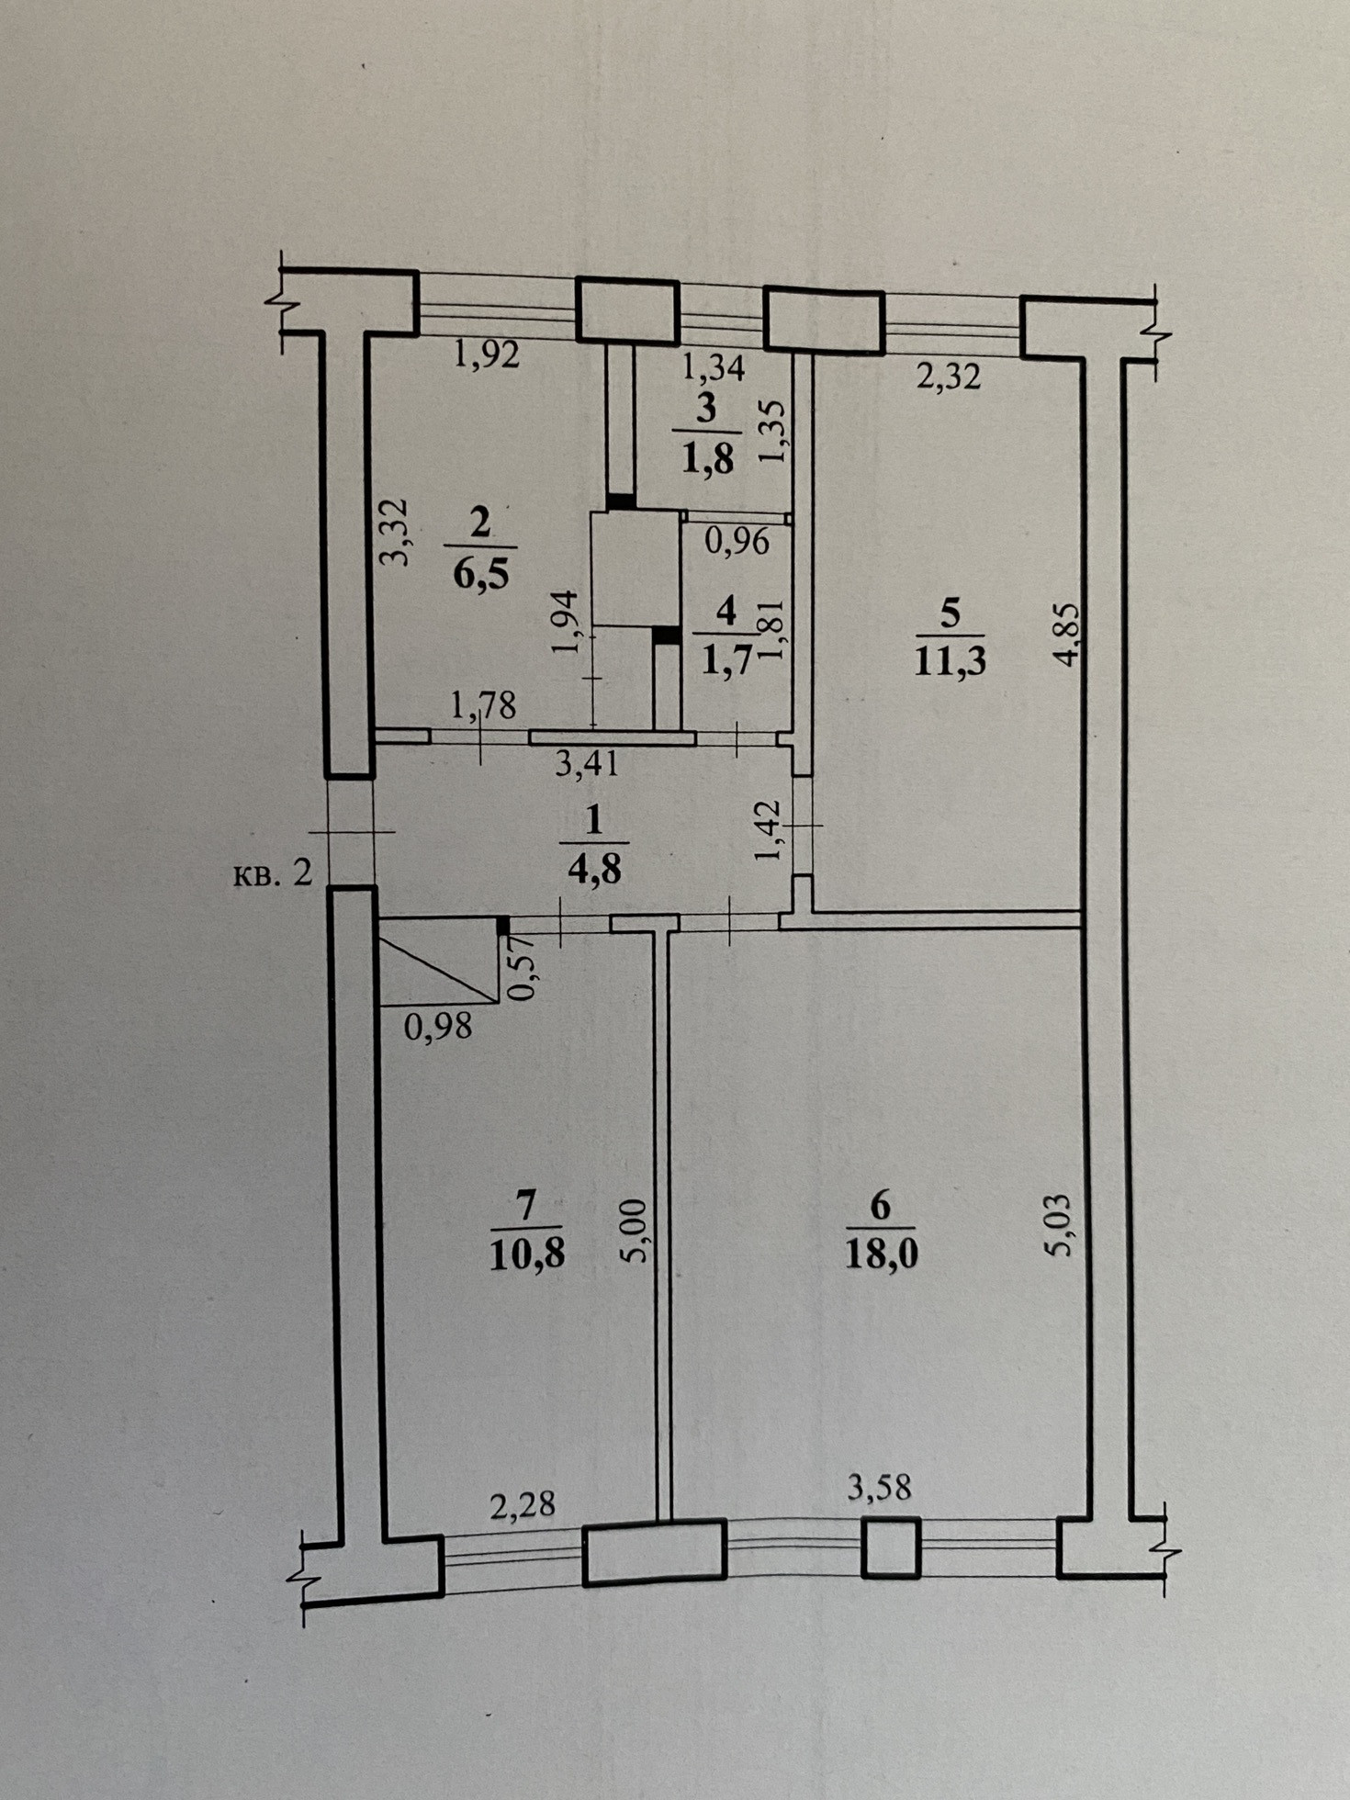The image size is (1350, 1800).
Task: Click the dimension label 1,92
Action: point(487,354)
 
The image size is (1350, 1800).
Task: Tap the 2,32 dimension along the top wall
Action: point(949,376)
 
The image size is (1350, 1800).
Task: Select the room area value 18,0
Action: point(882,1254)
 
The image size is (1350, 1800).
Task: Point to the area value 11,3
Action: point(950,660)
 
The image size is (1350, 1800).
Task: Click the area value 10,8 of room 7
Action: point(526,1254)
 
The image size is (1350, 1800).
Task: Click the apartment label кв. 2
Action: point(273,873)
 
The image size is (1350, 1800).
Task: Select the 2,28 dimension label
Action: point(522,1505)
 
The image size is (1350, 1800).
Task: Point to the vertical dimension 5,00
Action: point(636,1231)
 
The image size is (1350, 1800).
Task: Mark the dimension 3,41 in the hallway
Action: point(587,764)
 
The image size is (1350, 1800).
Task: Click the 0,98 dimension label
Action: point(438,1026)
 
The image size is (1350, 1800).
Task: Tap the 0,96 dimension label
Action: point(737,542)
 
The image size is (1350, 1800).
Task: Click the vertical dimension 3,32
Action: point(394,532)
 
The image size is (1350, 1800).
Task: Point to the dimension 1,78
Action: point(483,705)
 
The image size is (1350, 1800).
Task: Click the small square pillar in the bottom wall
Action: point(890,1547)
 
